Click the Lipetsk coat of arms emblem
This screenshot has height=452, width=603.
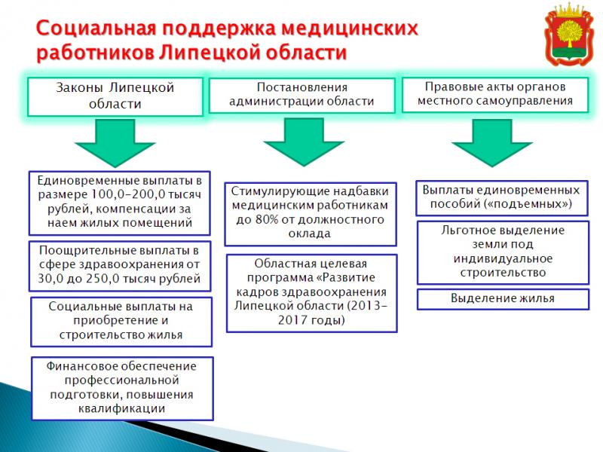(x=570, y=35)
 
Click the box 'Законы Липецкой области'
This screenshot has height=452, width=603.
(x=115, y=96)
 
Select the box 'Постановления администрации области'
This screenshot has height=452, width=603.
(x=302, y=96)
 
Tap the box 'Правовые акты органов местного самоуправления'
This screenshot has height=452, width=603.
(x=495, y=95)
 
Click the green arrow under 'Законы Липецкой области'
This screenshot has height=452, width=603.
(x=115, y=143)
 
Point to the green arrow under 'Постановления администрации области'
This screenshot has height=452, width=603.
(x=304, y=142)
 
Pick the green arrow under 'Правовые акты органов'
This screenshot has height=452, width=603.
(x=492, y=143)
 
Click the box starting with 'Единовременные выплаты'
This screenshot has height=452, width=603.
(x=120, y=203)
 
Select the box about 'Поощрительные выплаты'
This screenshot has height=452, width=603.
(x=120, y=266)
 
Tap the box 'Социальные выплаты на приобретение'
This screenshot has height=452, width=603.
(x=121, y=322)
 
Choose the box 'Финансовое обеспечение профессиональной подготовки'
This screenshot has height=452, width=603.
(x=122, y=388)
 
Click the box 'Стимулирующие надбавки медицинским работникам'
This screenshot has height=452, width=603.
(x=311, y=214)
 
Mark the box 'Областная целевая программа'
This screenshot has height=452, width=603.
(x=311, y=293)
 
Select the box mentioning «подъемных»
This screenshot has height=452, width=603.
(x=502, y=198)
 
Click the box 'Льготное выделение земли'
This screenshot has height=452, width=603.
(x=503, y=252)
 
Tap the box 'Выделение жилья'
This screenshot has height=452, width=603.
(x=503, y=299)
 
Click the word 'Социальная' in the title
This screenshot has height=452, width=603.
(x=96, y=29)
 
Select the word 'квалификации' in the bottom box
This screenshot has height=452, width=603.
(x=121, y=408)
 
